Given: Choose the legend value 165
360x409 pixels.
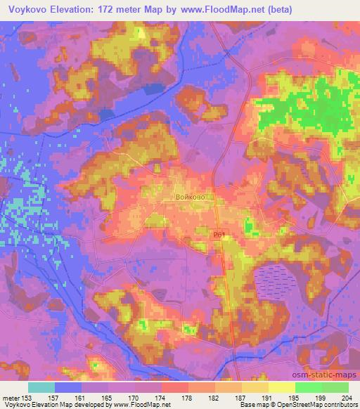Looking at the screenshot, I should tap(87, 399).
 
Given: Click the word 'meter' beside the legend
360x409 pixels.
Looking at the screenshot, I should tap(11, 399).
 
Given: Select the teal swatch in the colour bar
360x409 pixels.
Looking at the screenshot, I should tap(41, 387).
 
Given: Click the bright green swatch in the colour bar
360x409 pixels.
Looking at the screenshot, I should tap(308, 387).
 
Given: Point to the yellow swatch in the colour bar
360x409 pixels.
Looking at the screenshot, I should tap(281, 387).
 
